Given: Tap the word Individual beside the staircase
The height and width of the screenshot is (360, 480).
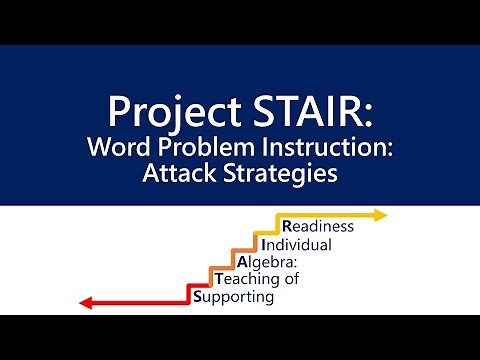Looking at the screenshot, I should coord(296,244).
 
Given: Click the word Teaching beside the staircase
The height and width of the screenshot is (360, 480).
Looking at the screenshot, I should coord(247,279).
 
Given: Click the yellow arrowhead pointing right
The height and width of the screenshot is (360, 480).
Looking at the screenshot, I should coord(379,215).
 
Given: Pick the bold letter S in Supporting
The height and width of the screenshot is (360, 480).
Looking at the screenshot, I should coord(197,296).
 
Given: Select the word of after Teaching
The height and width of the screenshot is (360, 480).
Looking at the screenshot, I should coord(290,279).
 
